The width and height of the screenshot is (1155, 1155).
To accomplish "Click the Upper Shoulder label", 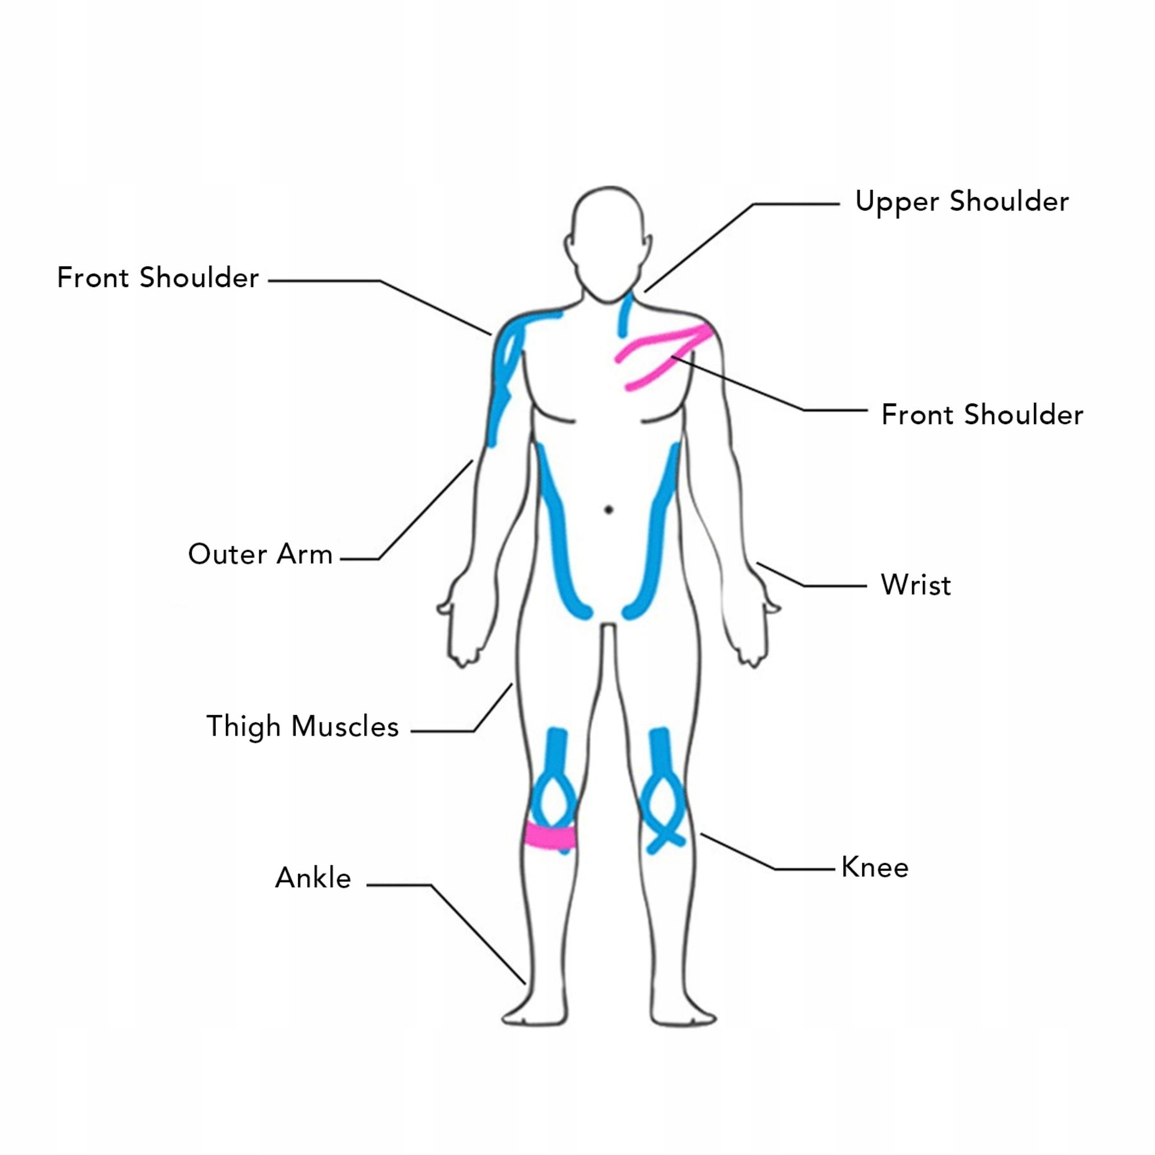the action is tap(961, 202).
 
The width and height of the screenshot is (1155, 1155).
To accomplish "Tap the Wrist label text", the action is tap(915, 585).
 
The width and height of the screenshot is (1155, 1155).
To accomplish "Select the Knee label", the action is tap(875, 868).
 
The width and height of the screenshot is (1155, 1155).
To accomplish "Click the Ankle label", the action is tap(313, 878).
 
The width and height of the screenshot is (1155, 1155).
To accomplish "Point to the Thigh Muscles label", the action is tap(302, 726).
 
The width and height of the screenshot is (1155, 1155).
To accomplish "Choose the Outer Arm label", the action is tap(260, 554).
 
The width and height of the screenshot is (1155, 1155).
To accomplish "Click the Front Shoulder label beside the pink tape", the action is tap(982, 415).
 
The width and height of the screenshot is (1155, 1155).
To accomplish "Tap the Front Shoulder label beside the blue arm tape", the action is tap(158, 278).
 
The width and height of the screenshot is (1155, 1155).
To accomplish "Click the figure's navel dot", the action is tap(609, 510).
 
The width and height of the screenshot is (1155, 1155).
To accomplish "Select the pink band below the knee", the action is tap(550, 836).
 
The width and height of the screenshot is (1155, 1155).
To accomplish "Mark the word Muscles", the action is tap(345, 726).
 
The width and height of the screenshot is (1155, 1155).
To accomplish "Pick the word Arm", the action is tap(304, 554).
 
